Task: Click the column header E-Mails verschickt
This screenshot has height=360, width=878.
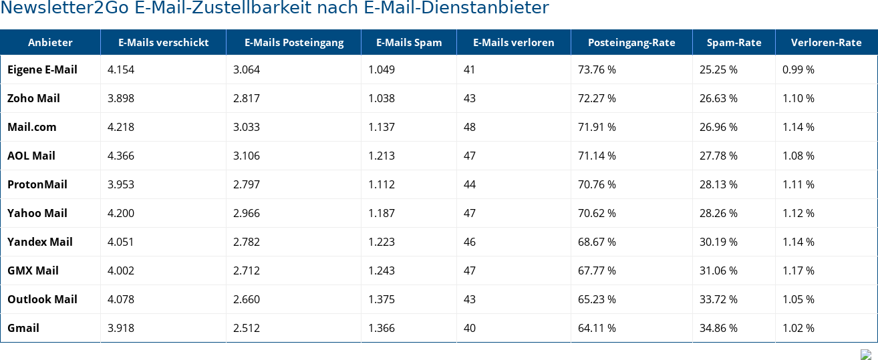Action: (x=163, y=43)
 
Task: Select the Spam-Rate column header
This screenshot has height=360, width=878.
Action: (x=734, y=43)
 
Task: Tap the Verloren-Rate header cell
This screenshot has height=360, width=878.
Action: (x=826, y=43)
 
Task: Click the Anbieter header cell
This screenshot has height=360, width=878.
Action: (x=50, y=43)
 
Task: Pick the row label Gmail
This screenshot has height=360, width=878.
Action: (x=23, y=328)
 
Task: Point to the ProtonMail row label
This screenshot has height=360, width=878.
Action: (x=37, y=184)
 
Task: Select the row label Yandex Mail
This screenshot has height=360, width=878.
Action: (x=40, y=242)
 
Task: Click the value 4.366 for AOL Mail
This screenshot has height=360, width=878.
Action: (x=121, y=156)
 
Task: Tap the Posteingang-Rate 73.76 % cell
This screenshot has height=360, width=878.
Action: (x=597, y=69)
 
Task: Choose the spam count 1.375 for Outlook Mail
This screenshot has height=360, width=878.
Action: (x=382, y=299)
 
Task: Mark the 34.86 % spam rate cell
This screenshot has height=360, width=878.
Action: (x=718, y=328)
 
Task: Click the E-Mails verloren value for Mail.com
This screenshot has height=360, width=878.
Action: (x=470, y=127)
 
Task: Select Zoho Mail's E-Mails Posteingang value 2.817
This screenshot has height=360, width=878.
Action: (x=247, y=98)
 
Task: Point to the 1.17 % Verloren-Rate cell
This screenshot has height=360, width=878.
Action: (x=798, y=271)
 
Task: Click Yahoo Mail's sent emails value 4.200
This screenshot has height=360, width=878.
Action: (x=121, y=213)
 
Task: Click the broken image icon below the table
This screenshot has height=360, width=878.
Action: (x=865, y=355)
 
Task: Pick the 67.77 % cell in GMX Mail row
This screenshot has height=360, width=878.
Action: (x=597, y=271)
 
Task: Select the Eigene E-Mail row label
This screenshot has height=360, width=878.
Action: (x=42, y=69)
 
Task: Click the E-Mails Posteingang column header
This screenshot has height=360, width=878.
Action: (x=294, y=43)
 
